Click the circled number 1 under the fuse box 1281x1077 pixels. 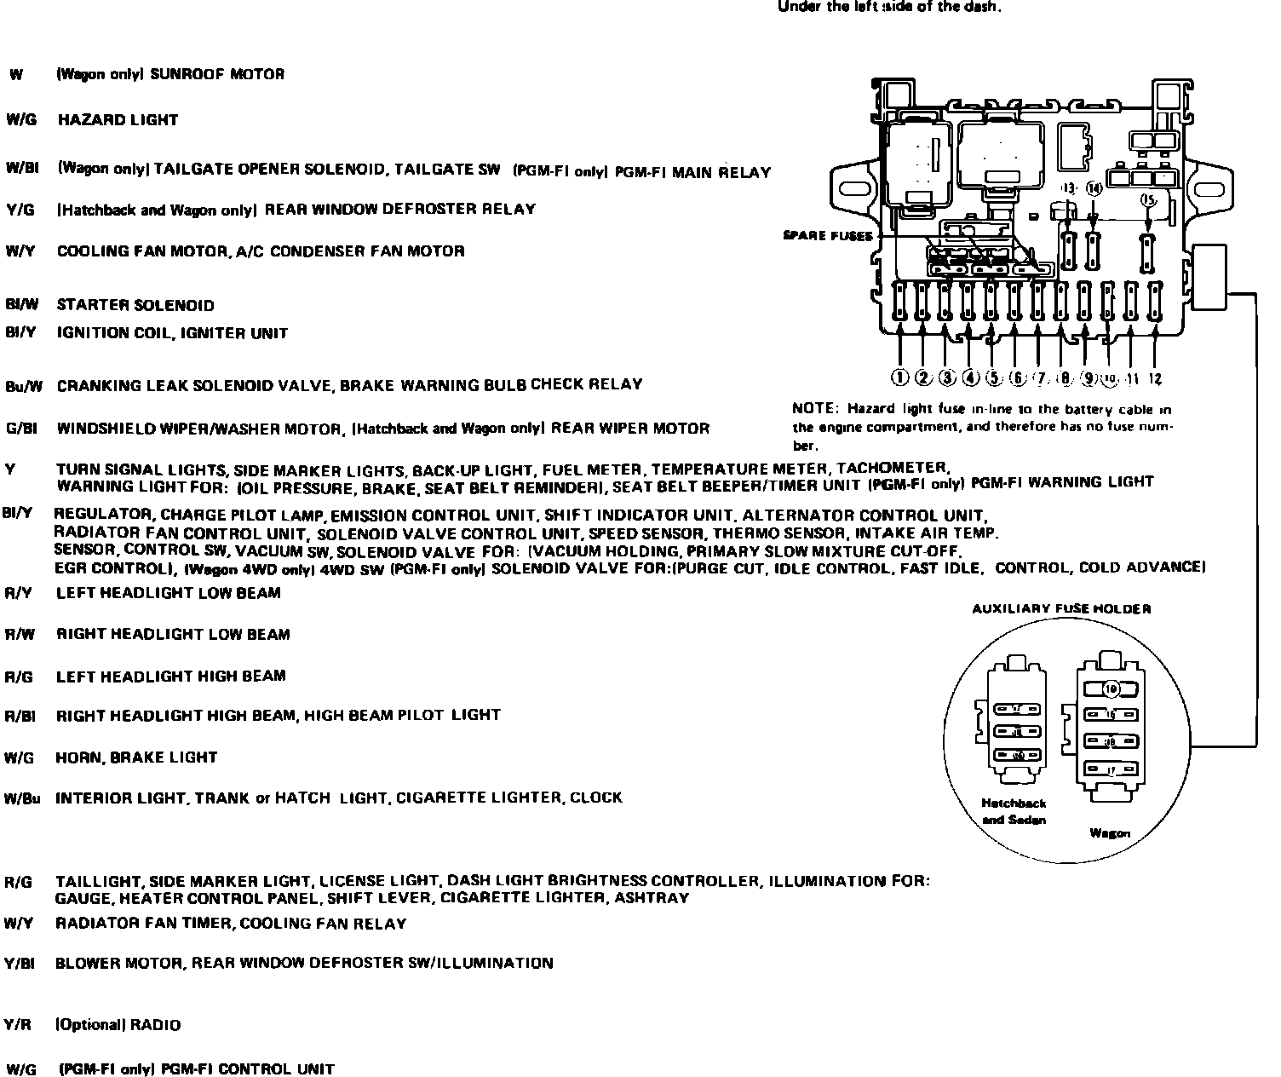click(900, 377)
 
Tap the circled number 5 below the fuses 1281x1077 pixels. click(993, 377)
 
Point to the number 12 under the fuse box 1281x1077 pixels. click(1155, 378)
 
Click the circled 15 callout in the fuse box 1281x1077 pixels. click(1148, 199)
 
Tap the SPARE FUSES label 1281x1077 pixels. click(828, 235)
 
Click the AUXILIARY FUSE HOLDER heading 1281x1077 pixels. click(1061, 608)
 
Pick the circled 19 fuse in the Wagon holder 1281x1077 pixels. click(1109, 688)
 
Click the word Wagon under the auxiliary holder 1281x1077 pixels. click(1110, 832)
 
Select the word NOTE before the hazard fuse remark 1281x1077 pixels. click(813, 410)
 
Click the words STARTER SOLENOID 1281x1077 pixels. click(135, 305)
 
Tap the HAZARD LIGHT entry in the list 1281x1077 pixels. click(118, 120)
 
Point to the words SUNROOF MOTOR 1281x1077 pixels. click(217, 74)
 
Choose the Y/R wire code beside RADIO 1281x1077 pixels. click(18, 1025)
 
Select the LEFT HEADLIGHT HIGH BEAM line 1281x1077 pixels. click(170, 677)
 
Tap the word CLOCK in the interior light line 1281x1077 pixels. click(596, 798)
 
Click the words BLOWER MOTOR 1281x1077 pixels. click(118, 964)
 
